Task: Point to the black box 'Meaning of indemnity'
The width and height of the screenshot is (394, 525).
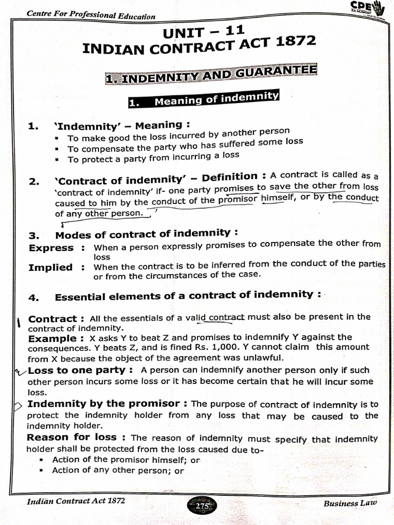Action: coord(204,98)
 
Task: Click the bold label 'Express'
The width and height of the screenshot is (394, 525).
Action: coord(51,248)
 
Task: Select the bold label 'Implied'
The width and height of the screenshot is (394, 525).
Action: coord(51,267)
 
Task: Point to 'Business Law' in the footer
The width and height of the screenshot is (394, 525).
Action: coord(350,503)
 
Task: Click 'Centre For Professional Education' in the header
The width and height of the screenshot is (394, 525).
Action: coord(91,14)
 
